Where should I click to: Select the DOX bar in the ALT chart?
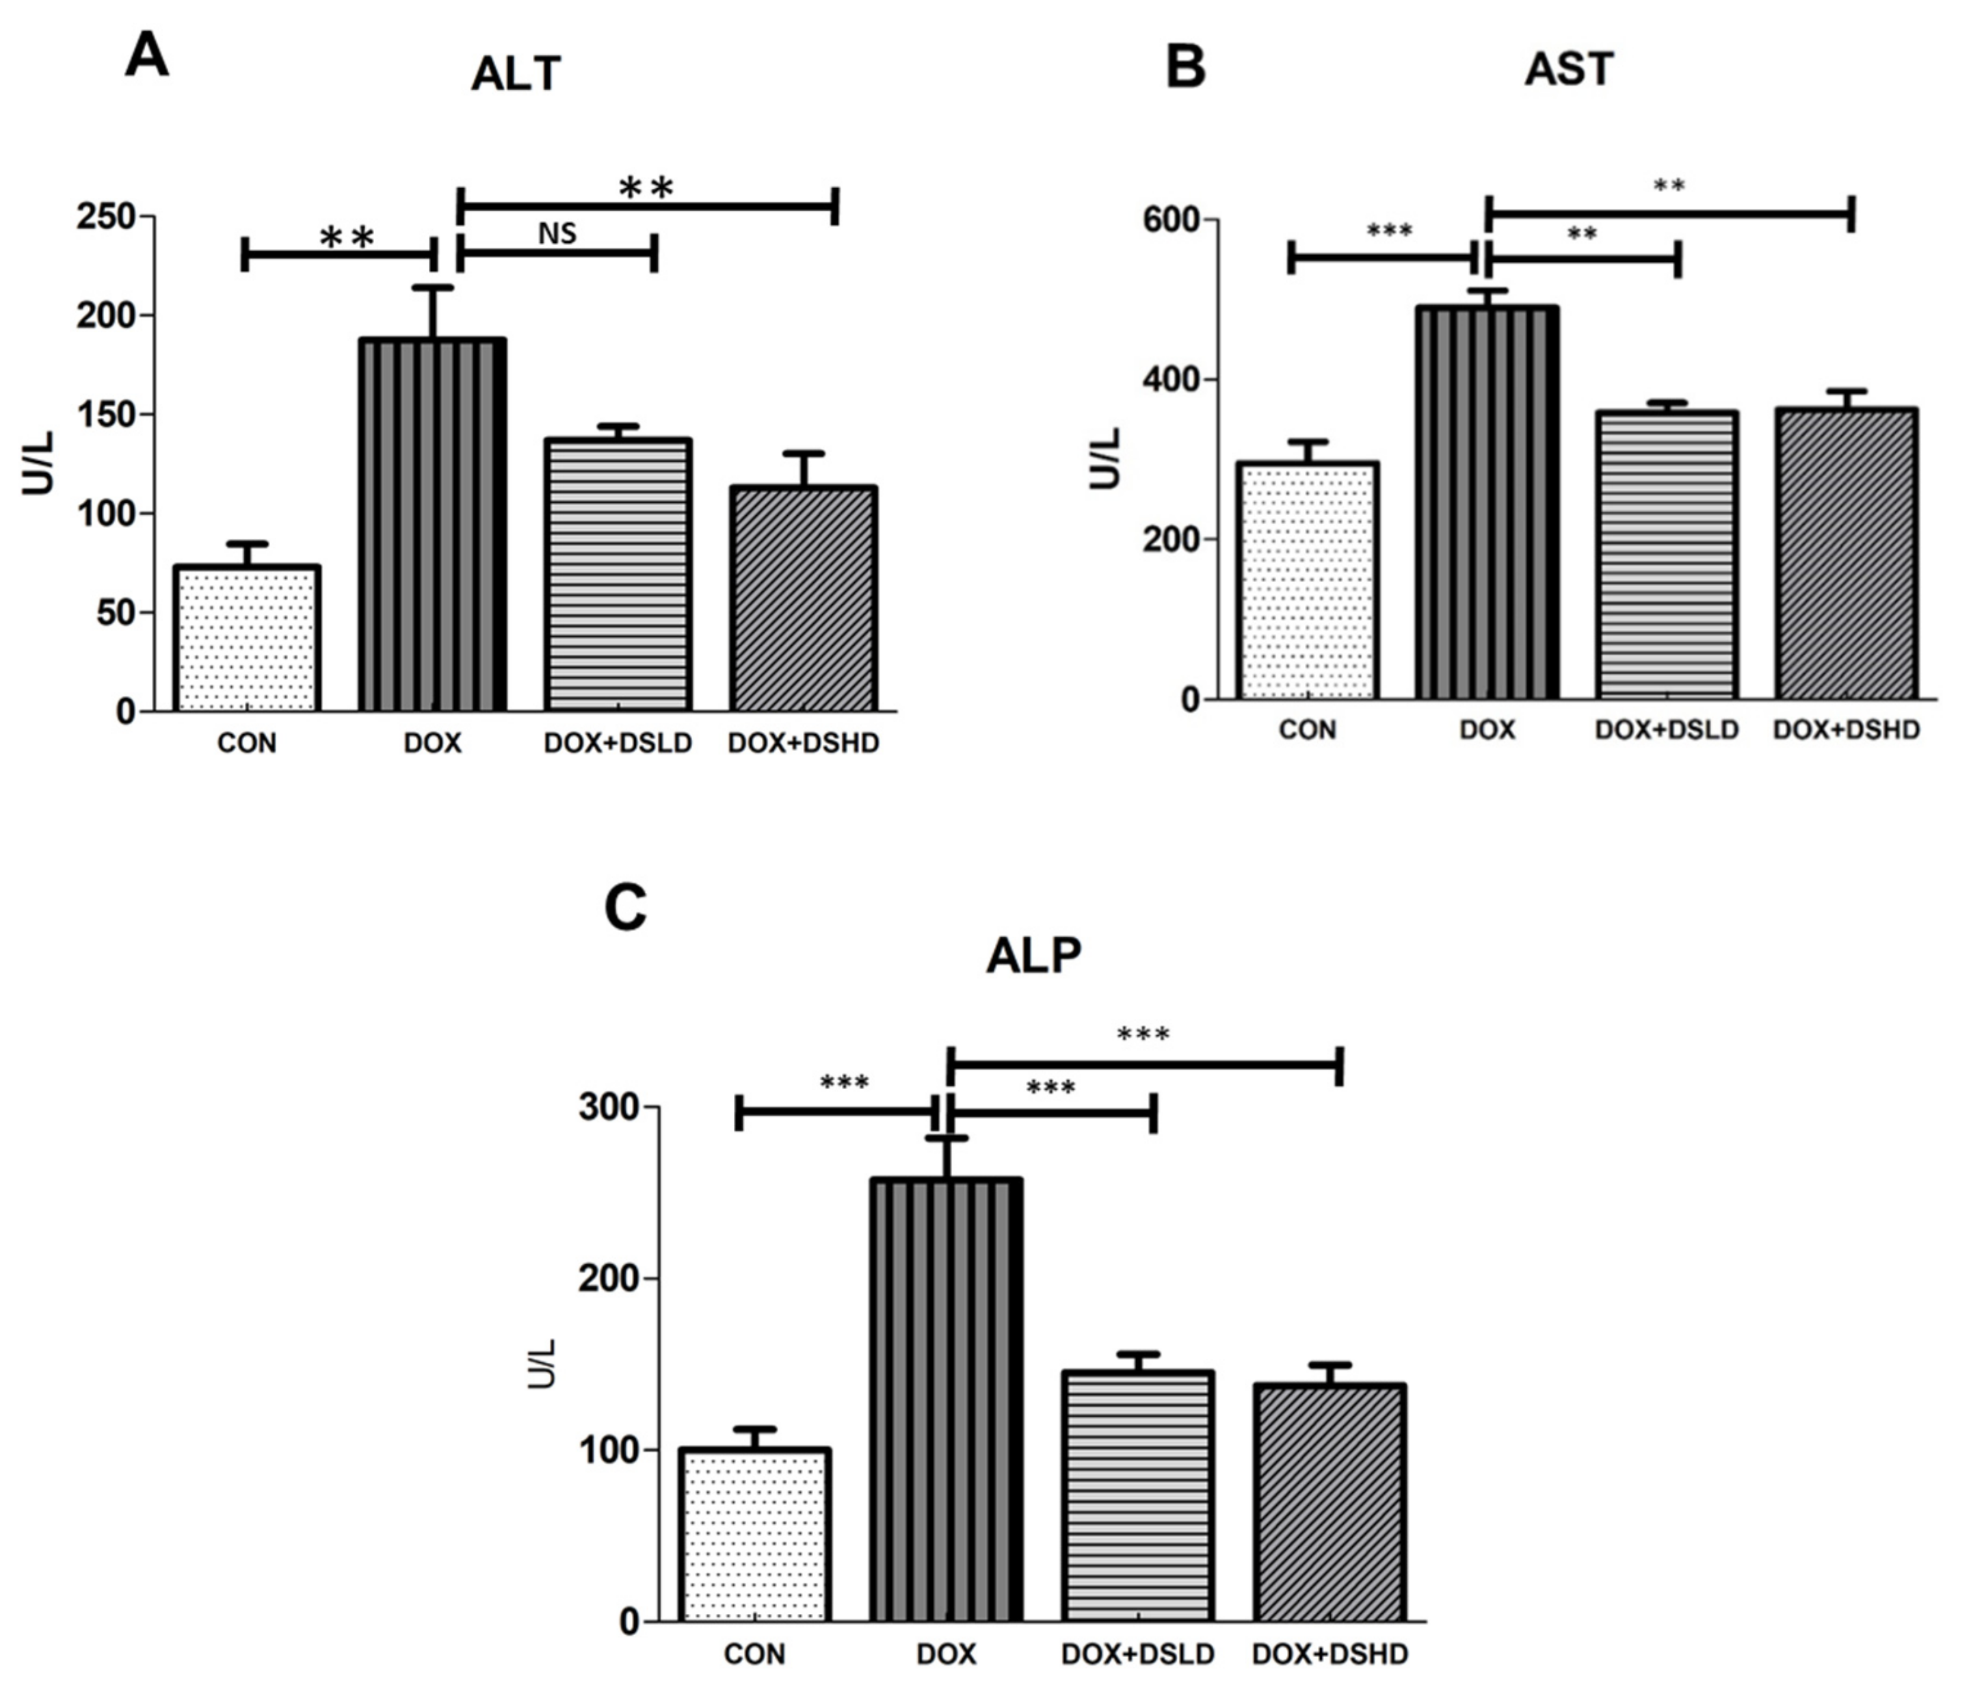pyautogui.click(x=432, y=523)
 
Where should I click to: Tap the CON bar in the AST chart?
pyautogui.click(x=1308, y=580)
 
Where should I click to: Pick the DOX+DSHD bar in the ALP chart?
pyautogui.click(x=1329, y=1503)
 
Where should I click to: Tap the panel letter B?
pyautogui.click(x=1185, y=68)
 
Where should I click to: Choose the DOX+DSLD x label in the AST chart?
pyautogui.click(x=1667, y=730)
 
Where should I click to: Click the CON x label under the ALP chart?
pyautogui.click(x=754, y=1654)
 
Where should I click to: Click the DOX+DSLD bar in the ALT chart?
pyautogui.click(x=618, y=575)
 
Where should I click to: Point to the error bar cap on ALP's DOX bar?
pyautogui.click(x=947, y=1138)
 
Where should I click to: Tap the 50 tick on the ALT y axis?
pyautogui.click(x=115, y=613)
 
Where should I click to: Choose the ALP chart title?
pyautogui.click(x=1033, y=956)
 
